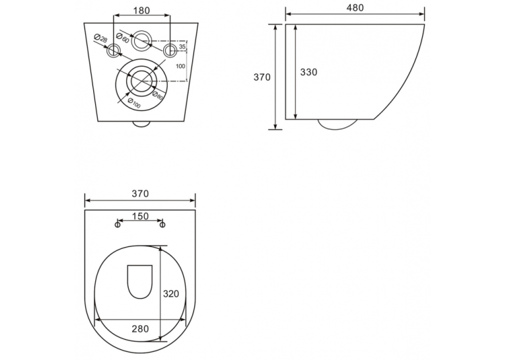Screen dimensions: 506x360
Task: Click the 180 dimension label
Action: click(x=141, y=11)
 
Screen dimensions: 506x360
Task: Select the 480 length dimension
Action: click(x=355, y=8)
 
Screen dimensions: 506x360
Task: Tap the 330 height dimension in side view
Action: click(x=309, y=72)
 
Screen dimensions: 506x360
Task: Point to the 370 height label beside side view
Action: click(x=262, y=77)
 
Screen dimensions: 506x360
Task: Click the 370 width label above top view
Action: click(x=141, y=194)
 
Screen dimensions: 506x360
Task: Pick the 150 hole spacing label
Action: click(x=141, y=216)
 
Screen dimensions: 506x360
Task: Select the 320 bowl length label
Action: click(x=170, y=294)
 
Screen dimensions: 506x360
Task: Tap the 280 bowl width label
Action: click(x=141, y=329)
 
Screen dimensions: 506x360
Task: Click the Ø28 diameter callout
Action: click(x=100, y=39)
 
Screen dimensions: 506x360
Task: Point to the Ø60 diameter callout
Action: click(x=122, y=38)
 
